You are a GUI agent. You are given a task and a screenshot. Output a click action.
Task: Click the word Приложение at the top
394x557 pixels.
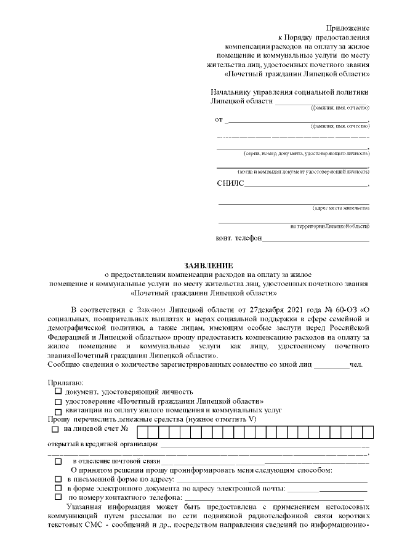348,28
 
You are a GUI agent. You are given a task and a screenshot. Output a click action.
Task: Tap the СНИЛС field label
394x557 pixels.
230,183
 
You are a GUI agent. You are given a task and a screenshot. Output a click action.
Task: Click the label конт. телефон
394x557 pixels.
239,238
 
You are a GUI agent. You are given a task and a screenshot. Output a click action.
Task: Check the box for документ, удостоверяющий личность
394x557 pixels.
58,391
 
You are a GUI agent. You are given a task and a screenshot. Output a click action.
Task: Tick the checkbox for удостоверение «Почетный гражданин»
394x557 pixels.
58,400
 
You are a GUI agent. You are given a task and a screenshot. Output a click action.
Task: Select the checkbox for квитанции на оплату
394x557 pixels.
58,410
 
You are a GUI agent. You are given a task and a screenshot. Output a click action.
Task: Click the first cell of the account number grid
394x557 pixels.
141,431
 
